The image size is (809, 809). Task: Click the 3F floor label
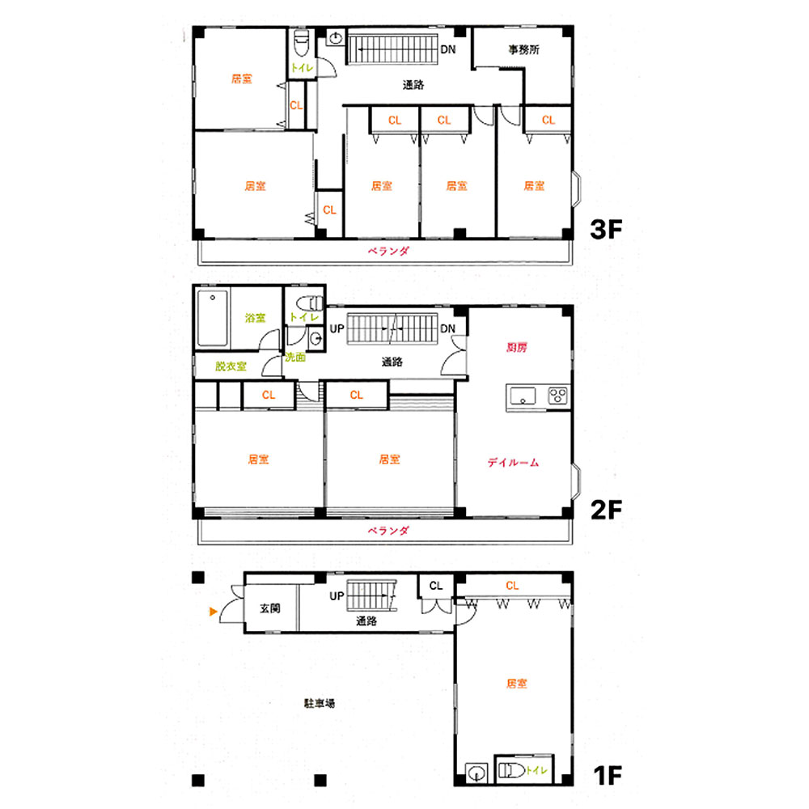(606, 229)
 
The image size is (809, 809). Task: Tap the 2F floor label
(606, 510)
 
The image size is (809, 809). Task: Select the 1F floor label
(608, 775)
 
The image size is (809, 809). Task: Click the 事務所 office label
(523, 49)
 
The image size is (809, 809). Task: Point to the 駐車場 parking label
(320, 703)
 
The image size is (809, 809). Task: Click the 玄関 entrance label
(270, 608)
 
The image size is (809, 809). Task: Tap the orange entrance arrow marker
(213, 612)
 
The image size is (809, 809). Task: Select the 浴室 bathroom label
(256, 318)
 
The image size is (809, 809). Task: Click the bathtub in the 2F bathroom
(212, 318)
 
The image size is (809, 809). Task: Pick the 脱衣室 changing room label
(231, 366)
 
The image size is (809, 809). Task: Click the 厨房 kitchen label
(516, 347)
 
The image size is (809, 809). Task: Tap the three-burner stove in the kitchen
(557, 396)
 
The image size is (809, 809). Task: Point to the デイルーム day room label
(513, 462)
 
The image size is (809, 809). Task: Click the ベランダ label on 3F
(388, 252)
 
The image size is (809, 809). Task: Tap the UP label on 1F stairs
(337, 596)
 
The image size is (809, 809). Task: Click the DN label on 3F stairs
(448, 49)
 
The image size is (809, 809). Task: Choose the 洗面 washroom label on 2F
(295, 357)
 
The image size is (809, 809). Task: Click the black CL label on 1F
(436, 586)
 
